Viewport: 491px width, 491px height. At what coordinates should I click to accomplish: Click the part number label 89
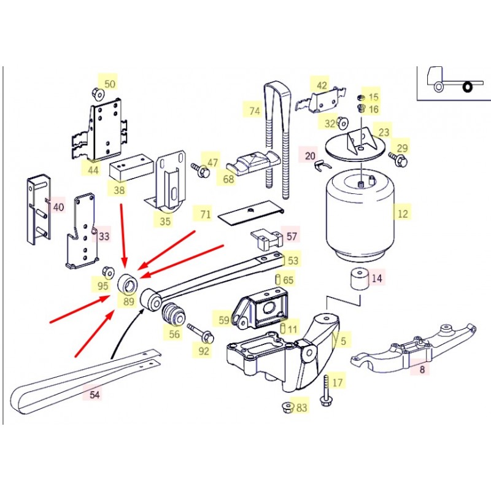point(129,301)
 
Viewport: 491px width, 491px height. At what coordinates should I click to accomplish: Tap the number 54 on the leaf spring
point(95,395)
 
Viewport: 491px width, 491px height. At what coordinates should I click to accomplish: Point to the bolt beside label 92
point(201,333)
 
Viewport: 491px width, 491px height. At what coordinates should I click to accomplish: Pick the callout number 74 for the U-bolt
point(255,111)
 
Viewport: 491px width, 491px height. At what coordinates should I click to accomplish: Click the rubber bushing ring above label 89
point(128,283)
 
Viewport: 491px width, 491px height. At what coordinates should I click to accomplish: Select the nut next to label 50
point(98,93)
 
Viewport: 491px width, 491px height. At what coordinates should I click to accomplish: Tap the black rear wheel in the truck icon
point(468,87)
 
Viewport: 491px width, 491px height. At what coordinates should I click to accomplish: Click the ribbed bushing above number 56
point(174,315)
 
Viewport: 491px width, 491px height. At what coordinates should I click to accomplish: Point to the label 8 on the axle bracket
point(422,369)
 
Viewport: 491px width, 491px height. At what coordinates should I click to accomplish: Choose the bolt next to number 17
point(325,390)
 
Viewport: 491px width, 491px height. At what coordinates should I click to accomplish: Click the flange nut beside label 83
point(287,408)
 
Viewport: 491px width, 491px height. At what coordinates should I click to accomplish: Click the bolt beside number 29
point(398,160)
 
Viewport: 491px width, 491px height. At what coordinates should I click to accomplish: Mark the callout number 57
point(292,236)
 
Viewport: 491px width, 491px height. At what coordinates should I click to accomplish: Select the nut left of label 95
point(109,273)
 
